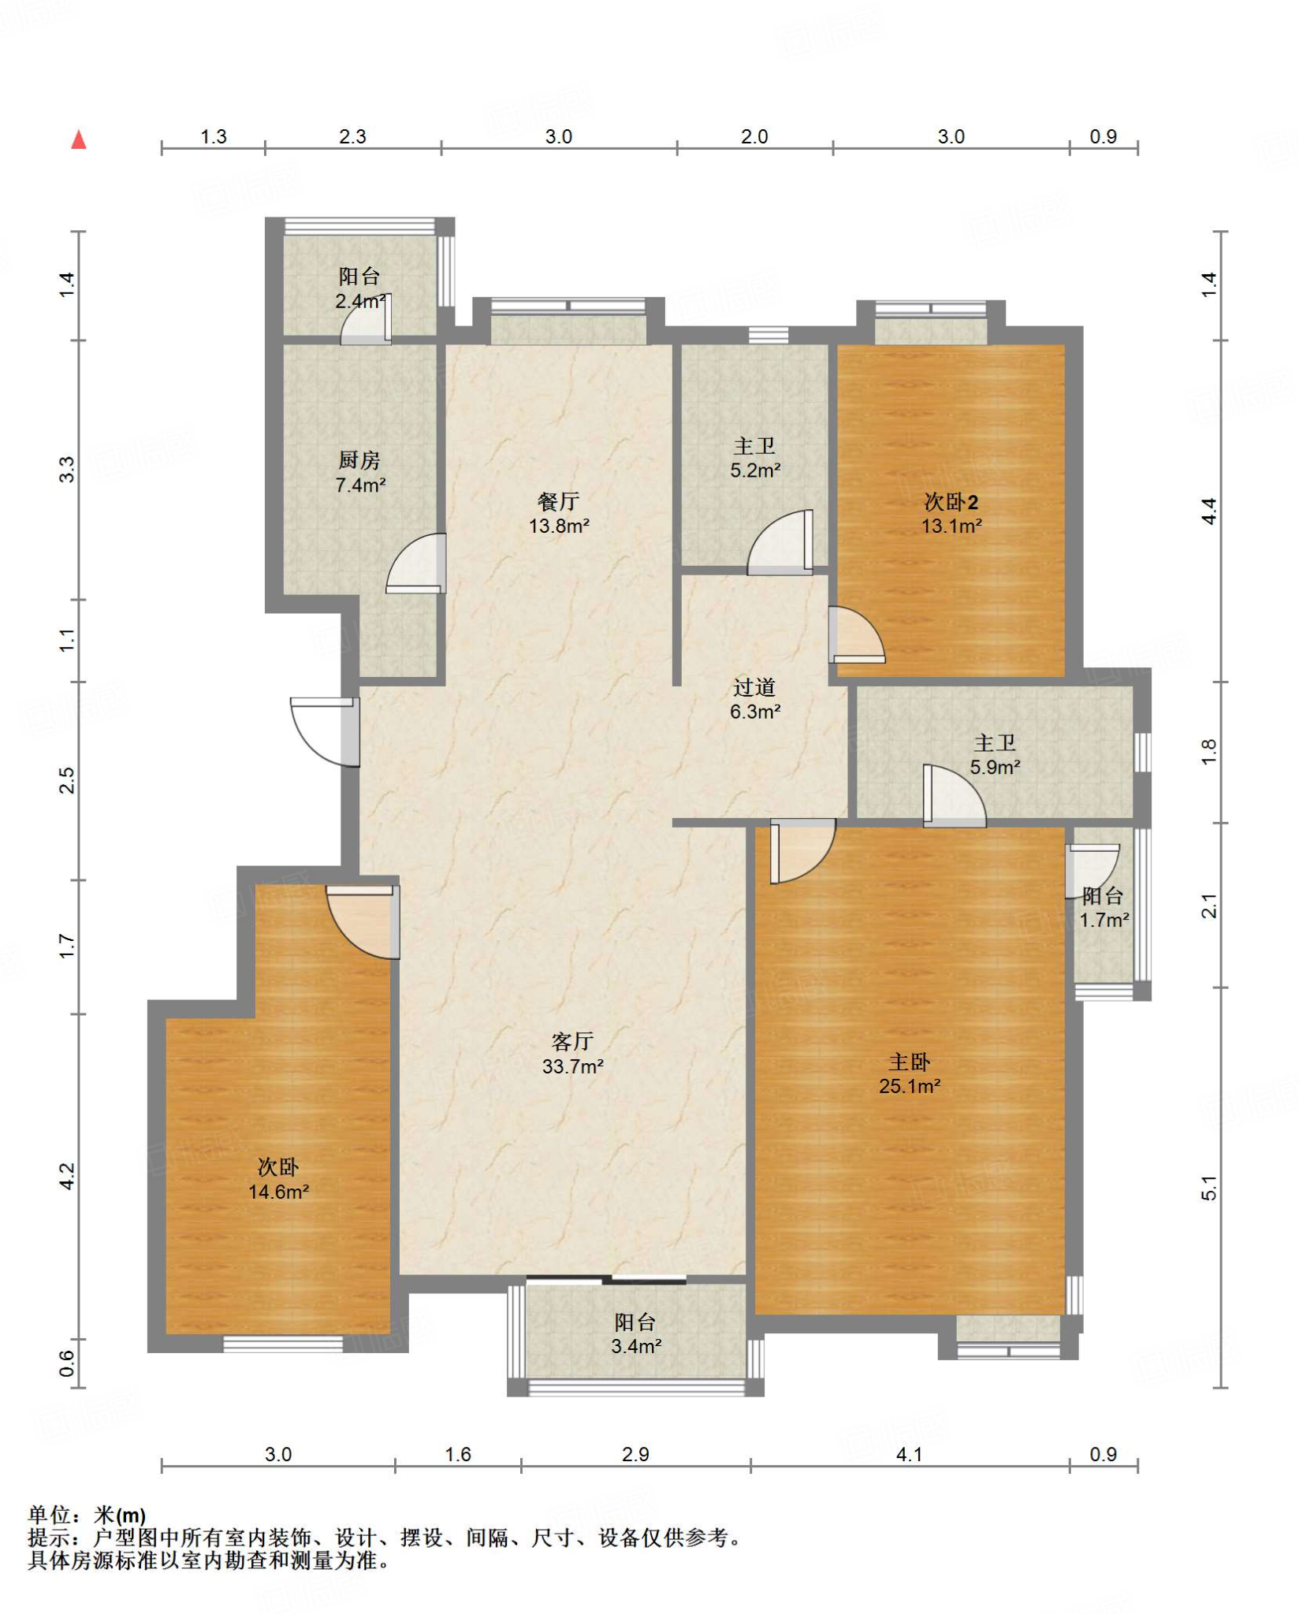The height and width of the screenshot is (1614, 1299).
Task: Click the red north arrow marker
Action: click(x=79, y=139)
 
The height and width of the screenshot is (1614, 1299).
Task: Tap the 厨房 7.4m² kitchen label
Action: click(x=360, y=472)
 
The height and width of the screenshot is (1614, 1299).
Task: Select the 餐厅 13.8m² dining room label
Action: click(x=559, y=513)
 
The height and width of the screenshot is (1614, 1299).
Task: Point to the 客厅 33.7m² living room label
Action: click(x=573, y=1054)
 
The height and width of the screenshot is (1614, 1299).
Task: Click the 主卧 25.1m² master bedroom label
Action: click(x=910, y=1073)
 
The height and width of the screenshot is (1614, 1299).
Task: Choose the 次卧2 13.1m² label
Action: click(x=951, y=513)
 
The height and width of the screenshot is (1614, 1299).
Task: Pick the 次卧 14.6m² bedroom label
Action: click(x=278, y=1179)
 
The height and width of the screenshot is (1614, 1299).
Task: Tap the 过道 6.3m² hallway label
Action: click(x=755, y=699)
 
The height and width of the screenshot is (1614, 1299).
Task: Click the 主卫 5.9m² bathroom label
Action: click(x=995, y=754)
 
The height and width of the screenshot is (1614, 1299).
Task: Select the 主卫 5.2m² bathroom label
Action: click(x=755, y=458)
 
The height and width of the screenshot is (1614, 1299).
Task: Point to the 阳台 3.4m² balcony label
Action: click(x=635, y=1333)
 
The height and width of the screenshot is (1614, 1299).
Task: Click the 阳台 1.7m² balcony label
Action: click(x=1104, y=907)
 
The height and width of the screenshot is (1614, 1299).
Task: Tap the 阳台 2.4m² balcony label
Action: click(x=360, y=288)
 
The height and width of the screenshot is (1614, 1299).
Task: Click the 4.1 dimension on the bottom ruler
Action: click(x=909, y=1454)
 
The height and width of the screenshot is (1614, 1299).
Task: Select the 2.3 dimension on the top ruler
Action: click(x=352, y=136)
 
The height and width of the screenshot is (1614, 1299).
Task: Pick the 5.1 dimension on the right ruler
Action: click(x=1209, y=1188)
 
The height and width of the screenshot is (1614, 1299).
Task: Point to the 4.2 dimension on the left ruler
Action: click(x=67, y=1177)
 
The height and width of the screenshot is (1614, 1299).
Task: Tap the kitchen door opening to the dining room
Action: click(x=416, y=563)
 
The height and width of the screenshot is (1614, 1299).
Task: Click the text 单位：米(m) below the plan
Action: click(x=87, y=1515)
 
